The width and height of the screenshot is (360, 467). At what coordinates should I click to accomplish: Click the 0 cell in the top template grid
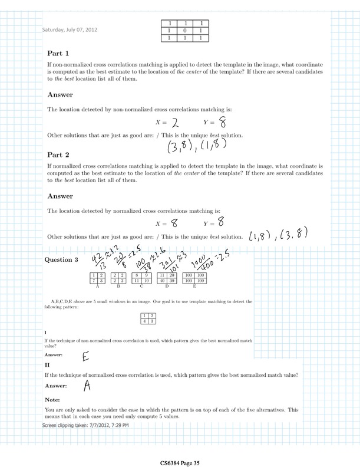click(x=186, y=31)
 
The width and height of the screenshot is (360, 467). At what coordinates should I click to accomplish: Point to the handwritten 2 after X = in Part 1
click(x=174, y=123)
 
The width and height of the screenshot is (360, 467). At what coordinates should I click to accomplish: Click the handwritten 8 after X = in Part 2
click(x=175, y=223)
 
